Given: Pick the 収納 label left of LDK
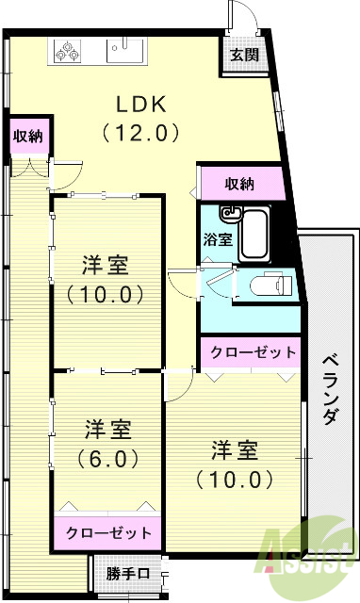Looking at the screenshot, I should pos(27,136).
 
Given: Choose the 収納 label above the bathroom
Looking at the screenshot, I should pos(240,183).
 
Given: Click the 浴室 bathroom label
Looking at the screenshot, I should pos(219,239).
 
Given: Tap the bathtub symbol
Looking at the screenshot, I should pos(253,233).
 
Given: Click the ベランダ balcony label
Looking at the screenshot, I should pos(330,389).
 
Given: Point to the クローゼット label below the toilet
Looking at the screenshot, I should pos(253,351).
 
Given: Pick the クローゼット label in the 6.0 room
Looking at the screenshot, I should pos(107,532).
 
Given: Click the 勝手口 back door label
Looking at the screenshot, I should pos(127,573).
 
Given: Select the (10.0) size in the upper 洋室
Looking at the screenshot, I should pos(106,293).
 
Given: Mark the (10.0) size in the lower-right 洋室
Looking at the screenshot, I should pos(236,478).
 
